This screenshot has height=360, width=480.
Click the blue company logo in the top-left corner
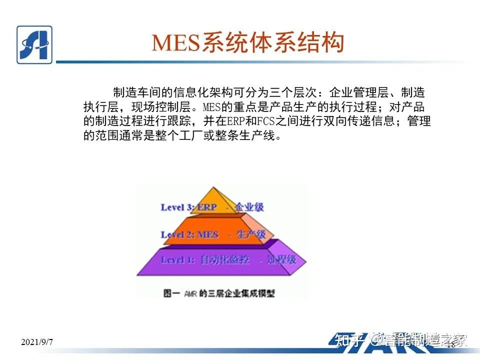tap(34, 44)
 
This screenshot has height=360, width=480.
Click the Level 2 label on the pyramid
tap(176, 234)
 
